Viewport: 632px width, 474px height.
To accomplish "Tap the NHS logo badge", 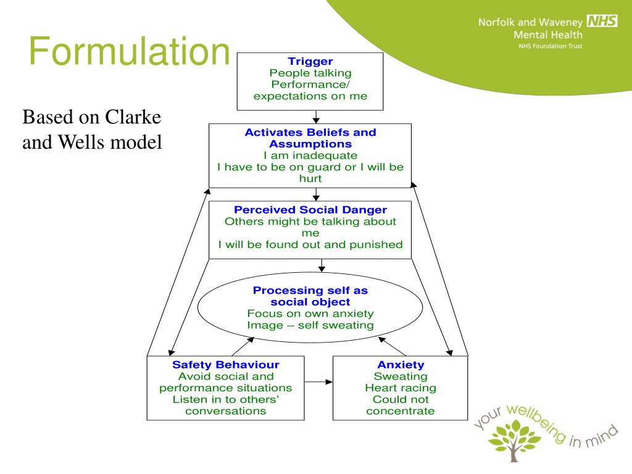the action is pyautogui.click(x=602, y=20).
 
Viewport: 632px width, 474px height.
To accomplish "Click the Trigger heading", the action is pyautogui.click(x=310, y=61).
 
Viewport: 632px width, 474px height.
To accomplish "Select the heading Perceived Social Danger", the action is pyautogui.click(x=310, y=210).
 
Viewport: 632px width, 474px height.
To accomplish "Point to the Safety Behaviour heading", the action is pyautogui.click(x=226, y=364).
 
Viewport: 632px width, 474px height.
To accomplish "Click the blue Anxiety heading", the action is pyautogui.click(x=401, y=364).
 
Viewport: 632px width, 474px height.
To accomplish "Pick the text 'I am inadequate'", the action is pyautogui.click(x=310, y=156).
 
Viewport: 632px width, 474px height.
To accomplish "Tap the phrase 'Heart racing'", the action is pyautogui.click(x=401, y=388).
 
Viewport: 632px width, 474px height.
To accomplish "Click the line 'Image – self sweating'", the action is pyautogui.click(x=310, y=325).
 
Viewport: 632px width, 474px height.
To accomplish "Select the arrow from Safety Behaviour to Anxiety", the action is pyautogui.click(x=318, y=381).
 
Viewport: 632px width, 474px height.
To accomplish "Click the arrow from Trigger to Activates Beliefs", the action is pyautogui.click(x=316, y=117).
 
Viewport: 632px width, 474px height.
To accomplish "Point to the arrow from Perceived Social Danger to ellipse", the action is pyautogui.click(x=322, y=265).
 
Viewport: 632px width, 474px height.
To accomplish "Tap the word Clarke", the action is pyautogui.click(x=133, y=117).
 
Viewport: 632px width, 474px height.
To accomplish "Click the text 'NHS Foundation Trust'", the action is pyautogui.click(x=550, y=46).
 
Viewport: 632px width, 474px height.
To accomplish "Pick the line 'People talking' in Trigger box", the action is pyautogui.click(x=310, y=73).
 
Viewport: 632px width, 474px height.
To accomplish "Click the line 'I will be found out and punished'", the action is pyautogui.click(x=310, y=244).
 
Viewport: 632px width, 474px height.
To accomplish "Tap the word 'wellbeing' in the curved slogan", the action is pyautogui.click(x=537, y=423).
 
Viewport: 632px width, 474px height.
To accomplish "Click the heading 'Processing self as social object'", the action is pyautogui.click(x=310, y=296).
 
